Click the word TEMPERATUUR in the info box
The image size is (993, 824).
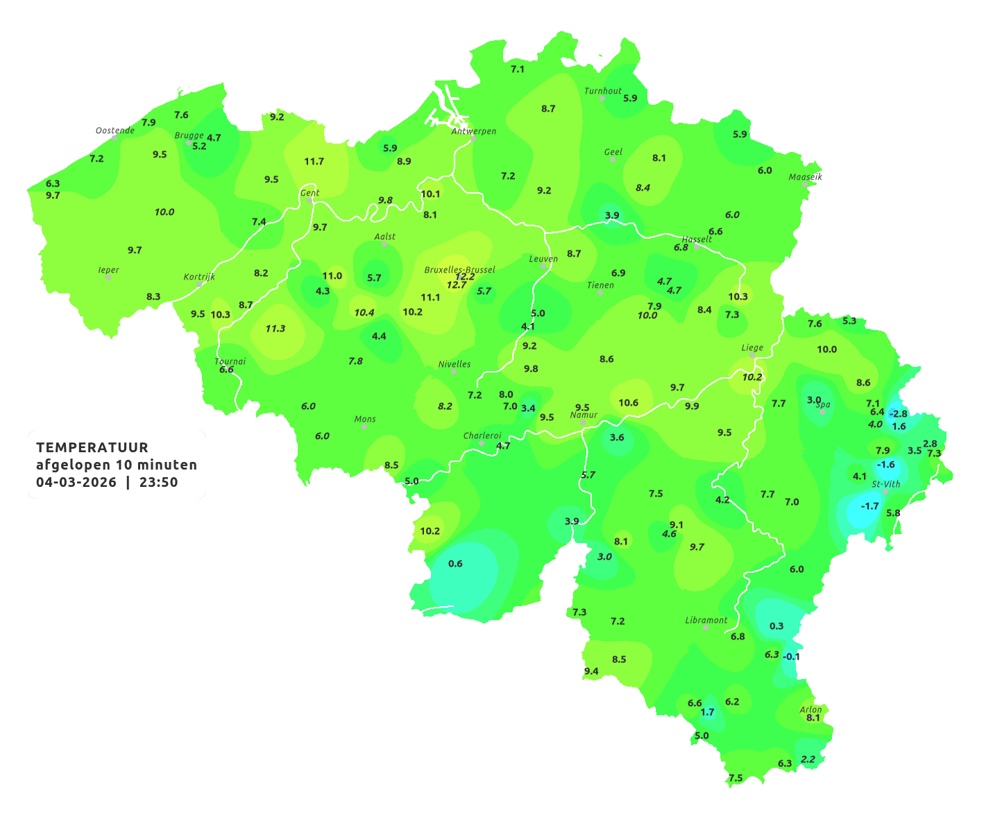click(x=92, y=447)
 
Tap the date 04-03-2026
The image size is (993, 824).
click(x=76, y=483)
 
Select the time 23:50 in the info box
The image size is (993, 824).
click(x=158, y=483)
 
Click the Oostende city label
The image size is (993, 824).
click(x=114, y=130)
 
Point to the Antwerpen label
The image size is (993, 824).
click(x=474, y=131)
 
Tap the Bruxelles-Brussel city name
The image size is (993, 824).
click(x=459, y=270)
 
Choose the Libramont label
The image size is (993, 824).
click(x=706, y=620)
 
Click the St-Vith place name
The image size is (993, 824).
click(x=886, y=484)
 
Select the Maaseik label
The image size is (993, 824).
click(x=805, y=177)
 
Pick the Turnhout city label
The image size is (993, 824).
click(x=603, y=91)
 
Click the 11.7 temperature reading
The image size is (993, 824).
click(x=314, y=162)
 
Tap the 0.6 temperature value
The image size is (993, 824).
click(x=455, y=563)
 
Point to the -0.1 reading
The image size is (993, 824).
click(x=791, y=656)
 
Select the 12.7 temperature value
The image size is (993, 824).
click(x=457, y=285)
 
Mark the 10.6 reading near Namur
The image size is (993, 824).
click(x=628, y=402)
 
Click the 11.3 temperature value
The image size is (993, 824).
click(x=275, y=328)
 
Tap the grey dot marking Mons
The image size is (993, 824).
click(x=364, y=427)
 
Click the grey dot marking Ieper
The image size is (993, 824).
click(x=108, y=277)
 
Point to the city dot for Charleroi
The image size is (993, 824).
click(x=482, y=443)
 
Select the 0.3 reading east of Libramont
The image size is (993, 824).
click(x=776, y=626)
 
